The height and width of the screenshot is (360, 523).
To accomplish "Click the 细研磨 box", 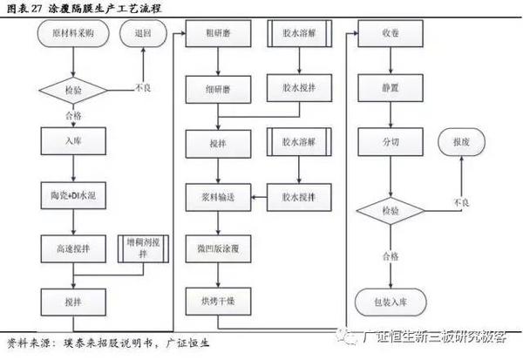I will click(219, 89).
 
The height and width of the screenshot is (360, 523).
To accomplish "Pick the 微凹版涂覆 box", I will click(219, 248).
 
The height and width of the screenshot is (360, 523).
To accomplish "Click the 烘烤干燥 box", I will click(219, 299).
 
